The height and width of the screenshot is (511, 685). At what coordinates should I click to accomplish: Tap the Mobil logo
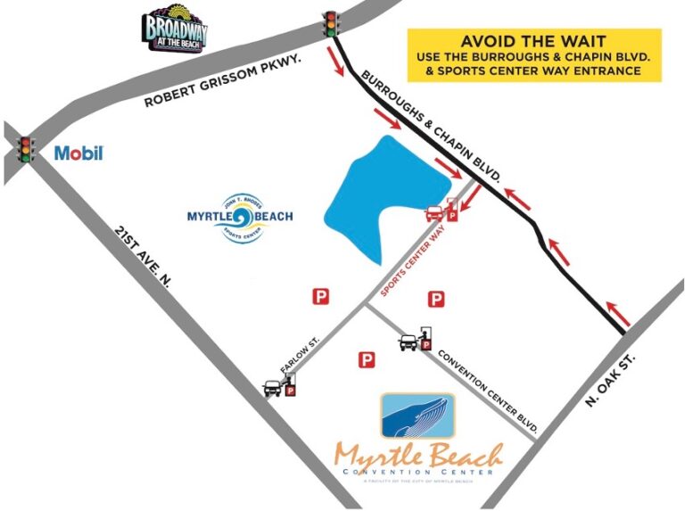tap(78, 153)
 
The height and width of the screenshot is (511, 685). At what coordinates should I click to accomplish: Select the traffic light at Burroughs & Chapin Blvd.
tap(332, 23)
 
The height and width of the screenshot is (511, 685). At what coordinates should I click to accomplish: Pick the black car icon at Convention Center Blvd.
tap(409, 341)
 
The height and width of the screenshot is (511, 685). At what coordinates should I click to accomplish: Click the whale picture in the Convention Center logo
tap(417, 416)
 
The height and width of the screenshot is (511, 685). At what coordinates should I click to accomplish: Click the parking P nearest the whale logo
tap(365, 360)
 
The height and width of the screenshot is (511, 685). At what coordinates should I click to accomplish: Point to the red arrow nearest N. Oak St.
tap(621, 313)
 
